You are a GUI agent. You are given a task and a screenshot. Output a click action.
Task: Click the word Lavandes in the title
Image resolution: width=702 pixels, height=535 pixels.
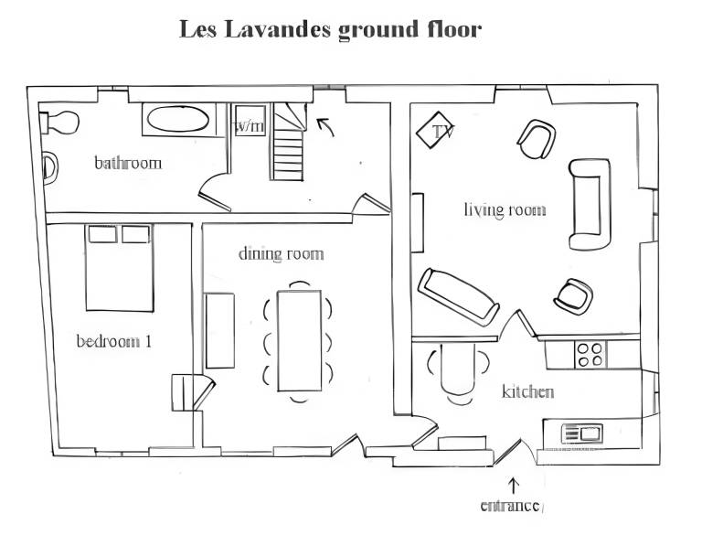click(x=277, y=29)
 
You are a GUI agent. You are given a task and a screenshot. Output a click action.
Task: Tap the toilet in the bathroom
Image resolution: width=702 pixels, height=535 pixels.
click(x=59, y=123)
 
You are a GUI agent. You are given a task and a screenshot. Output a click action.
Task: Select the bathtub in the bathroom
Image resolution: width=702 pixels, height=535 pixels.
click(x=177, y=119)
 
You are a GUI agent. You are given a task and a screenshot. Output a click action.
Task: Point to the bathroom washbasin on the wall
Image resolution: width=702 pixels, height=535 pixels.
click(x=49, y=168)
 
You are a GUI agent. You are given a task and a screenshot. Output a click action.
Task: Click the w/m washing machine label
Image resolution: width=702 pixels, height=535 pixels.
click(x=250, y=127)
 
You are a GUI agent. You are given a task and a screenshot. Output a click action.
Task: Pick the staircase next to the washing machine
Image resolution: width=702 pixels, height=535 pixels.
click(x=289, y=142)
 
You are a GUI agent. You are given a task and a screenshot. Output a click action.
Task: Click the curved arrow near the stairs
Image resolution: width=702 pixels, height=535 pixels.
click(x=325, y=127)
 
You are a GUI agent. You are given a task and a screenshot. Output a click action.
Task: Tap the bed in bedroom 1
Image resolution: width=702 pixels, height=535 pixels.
click(x=119, y=268)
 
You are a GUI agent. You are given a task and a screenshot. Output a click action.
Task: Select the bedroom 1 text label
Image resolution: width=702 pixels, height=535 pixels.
click(x=114, y=341)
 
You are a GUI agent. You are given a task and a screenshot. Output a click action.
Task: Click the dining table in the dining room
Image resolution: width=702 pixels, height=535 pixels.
click(x=300, y=341)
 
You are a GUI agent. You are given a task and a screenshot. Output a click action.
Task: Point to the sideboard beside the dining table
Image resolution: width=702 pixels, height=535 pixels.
click(x=219, y=331)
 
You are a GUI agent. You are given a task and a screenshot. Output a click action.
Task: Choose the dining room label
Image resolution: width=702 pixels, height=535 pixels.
click(x=282, y=254)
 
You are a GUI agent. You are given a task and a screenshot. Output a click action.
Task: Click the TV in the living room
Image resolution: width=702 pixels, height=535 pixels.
click(x=434, y=130)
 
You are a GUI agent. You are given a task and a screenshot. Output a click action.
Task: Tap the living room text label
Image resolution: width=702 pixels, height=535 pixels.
click(x=505, y=209)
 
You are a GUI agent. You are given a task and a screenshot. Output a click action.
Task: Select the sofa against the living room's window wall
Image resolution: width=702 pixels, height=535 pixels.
click(x=590, y=204)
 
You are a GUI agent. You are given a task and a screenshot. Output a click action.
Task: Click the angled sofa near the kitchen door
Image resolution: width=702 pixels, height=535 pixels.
click(x=458, y=296)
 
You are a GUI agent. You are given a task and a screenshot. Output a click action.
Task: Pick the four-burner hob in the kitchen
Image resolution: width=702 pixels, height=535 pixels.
click(x=590, y=355)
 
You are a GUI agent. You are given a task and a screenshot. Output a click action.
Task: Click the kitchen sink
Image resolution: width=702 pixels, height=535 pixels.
click(x=581, y=433)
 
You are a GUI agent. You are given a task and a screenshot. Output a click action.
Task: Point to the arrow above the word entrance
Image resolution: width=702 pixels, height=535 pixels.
click(x=513, y=487)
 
